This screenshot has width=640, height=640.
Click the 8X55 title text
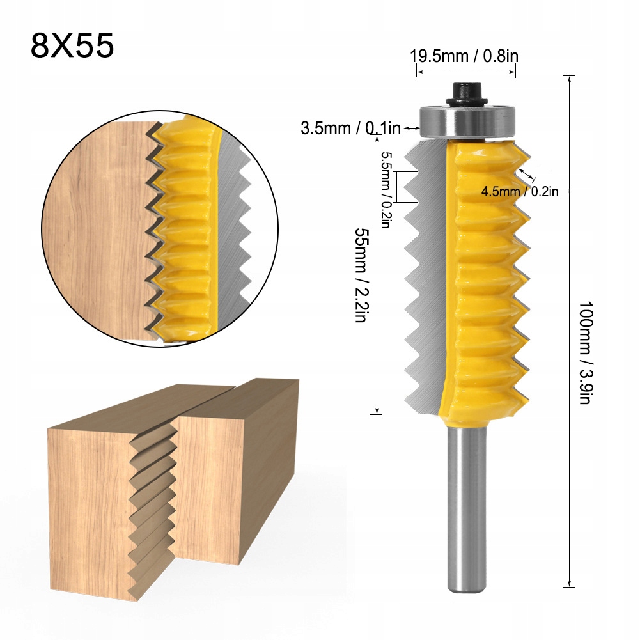click(x=72, y=46)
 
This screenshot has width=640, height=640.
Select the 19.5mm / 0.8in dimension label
click(x=464, y=56)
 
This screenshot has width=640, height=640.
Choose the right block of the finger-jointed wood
click(x=243, y=460)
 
